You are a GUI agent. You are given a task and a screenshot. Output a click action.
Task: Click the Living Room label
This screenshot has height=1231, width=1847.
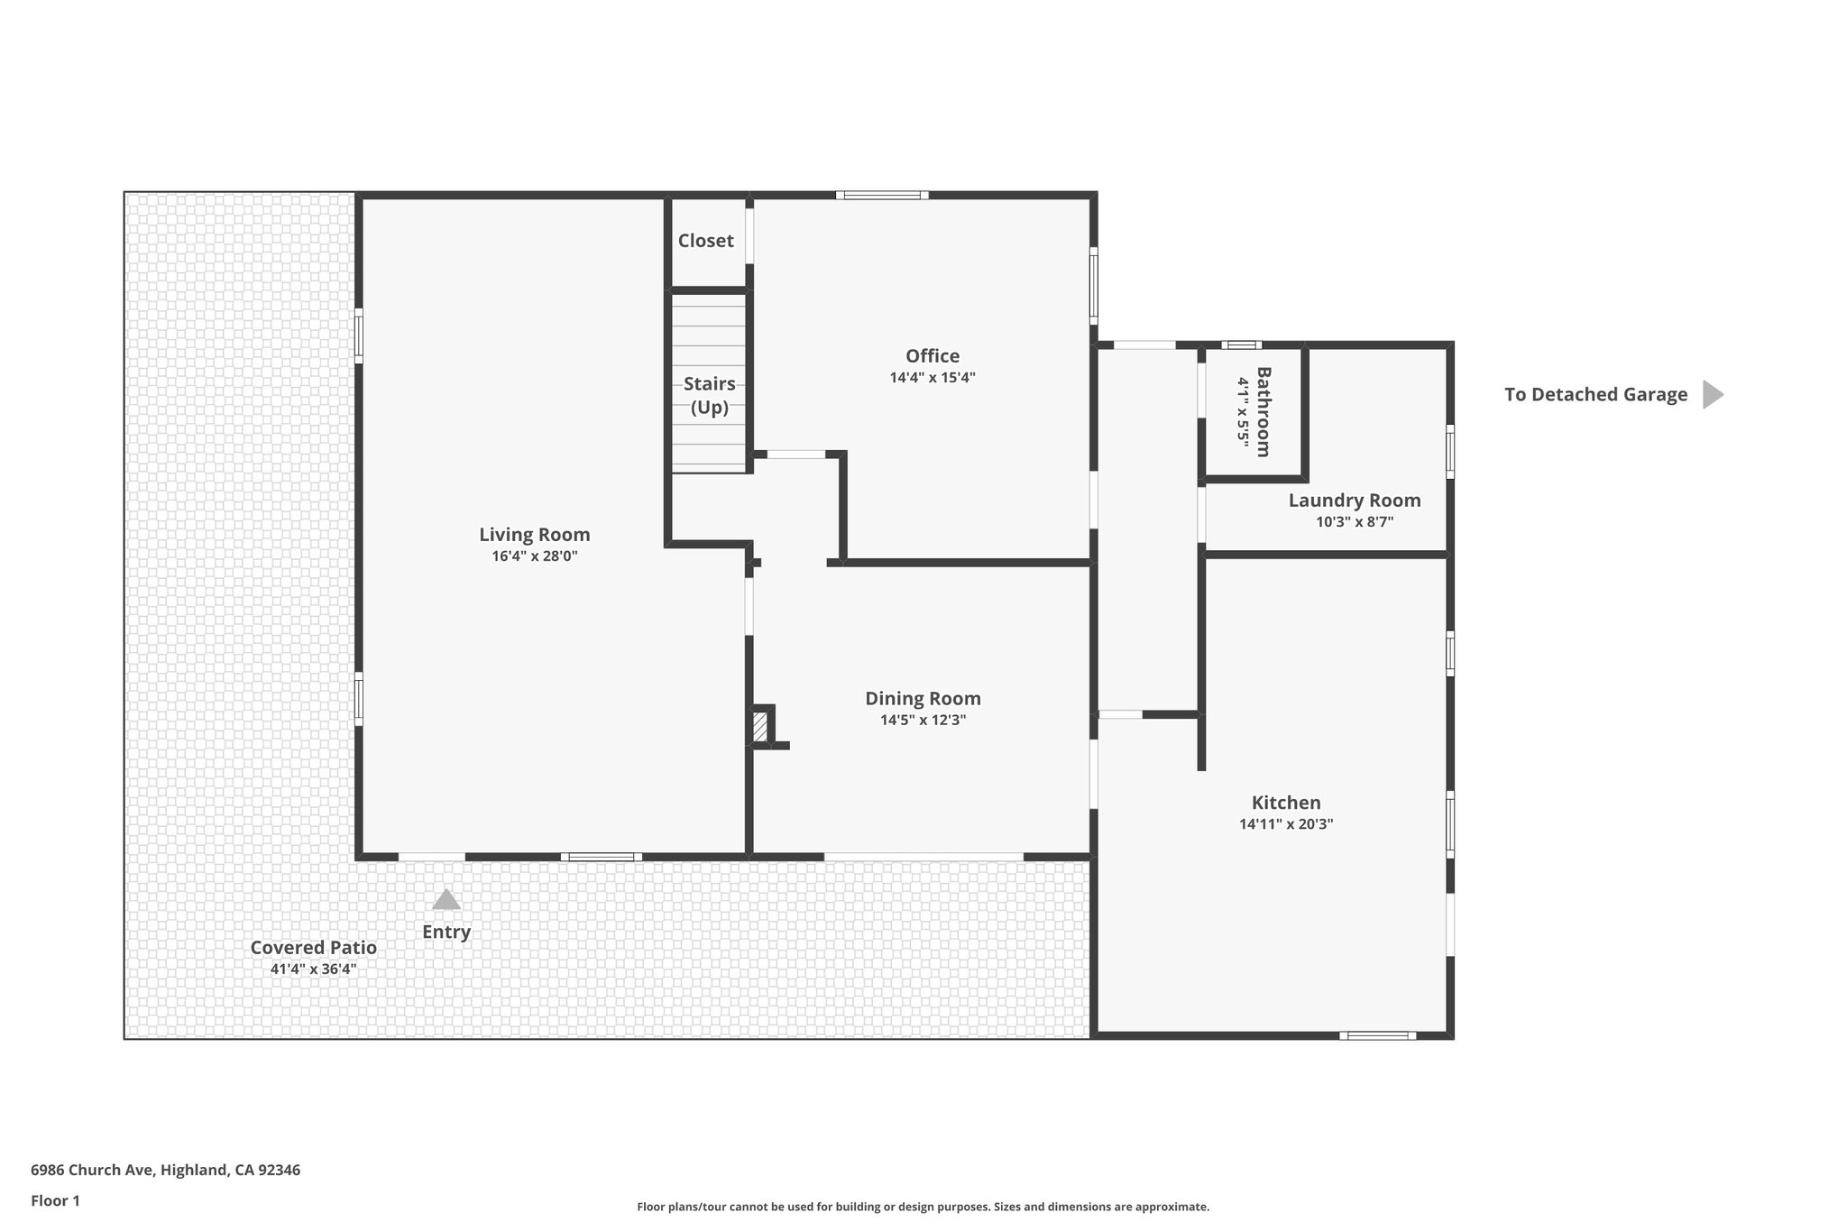tap(534, 534)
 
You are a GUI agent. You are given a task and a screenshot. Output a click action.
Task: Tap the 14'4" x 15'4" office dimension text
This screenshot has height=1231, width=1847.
tap(933, 378)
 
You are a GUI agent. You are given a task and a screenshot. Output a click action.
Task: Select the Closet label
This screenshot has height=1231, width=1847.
tap(705, 241)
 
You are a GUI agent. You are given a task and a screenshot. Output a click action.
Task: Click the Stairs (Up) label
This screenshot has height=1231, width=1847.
tap(709, 395)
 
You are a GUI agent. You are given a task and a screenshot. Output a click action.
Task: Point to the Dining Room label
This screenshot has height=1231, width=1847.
tap(923, 698)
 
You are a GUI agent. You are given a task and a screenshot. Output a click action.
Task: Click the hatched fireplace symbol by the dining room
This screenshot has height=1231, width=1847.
tap(760, 726)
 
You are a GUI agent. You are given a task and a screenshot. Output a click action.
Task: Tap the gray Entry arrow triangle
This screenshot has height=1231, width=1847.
tap(446, 899)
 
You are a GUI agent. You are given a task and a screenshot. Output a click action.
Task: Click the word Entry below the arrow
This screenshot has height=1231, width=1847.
tap(446, 932)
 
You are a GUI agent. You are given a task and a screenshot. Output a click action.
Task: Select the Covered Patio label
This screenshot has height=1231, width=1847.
tap(313, 947)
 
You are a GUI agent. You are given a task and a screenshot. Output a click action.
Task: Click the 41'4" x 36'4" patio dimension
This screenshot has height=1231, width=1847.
tap(313, 969)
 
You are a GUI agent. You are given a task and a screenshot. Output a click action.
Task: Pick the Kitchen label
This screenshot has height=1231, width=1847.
tap(1285, 802)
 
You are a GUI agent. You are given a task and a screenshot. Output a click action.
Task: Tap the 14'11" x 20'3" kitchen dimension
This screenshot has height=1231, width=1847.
tap(1285, 823)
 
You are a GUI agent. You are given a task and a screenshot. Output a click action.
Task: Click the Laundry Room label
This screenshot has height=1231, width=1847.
tap(1354, 500)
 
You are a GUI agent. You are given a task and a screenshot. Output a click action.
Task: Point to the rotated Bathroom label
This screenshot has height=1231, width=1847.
tap(1263, 411)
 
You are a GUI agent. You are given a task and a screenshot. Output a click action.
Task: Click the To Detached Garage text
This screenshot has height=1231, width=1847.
tap(1595, 394)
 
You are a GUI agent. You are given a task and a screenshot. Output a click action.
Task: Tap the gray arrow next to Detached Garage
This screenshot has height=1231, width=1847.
tap(1712, 394)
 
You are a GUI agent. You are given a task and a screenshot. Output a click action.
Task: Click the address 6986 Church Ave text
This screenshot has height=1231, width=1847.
tap(165, 1170)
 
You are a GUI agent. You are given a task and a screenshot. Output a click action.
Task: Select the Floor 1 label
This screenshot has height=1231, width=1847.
tap(55, 1200)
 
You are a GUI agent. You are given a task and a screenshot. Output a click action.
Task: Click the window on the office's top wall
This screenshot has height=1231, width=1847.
tap(881, 195)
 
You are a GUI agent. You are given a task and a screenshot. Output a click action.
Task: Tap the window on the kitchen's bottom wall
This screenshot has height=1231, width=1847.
tap(1376, 1035)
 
